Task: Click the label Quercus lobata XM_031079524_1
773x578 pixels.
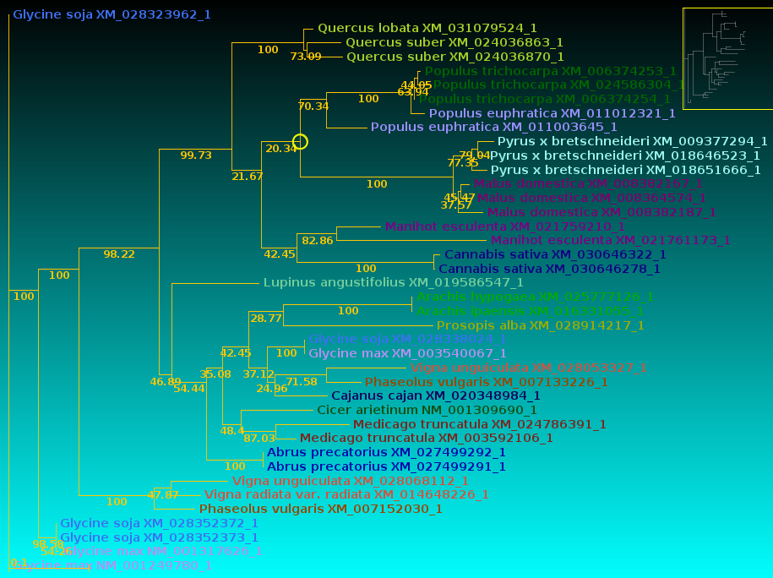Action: click(x=427, y=28)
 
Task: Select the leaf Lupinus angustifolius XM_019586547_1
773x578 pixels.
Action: click(x=393, y=282)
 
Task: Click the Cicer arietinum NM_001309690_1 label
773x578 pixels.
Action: click(x=427, y=410)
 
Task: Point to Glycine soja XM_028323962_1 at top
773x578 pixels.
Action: click(x=112, y=14)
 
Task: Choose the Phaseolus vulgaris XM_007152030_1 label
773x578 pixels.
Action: click(x=321, y=509)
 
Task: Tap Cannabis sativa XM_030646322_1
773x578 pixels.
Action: click(x=555, y=254)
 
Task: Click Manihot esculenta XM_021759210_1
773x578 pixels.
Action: click(x=505, y=226)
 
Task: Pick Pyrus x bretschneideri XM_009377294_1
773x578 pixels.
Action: click(x=632, y=141)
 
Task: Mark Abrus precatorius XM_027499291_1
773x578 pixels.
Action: click(x=386, y=466)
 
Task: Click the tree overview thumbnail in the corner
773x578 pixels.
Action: click(x=727, y=58)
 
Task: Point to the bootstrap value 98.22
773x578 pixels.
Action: click(x=119, y=254)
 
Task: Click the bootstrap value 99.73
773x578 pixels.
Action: click(x=196, y=155)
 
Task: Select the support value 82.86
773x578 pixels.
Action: click(x=318, y=241)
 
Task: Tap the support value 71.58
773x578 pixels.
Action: click(x=302, y=382)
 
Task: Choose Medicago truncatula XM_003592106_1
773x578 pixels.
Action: click(x=427, y=438)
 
